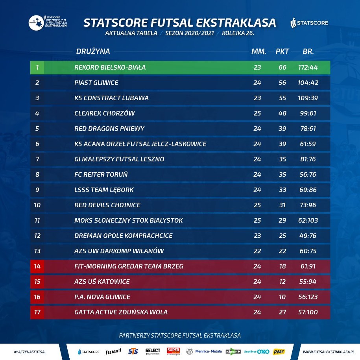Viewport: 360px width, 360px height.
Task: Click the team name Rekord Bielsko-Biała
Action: pyautogui.click(x=110, y=68)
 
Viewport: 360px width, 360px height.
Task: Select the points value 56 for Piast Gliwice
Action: pyautogui.click(x=282, y=83)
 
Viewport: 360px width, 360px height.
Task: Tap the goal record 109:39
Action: pyautogui.click(x=308, y=98)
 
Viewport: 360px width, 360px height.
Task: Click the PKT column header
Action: pyautogui.click(x=282, y=52)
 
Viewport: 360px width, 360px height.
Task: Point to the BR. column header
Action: pyautogui.click(x=308, y=52)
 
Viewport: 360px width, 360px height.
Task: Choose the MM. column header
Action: pyautogui.click(x=258, y=52)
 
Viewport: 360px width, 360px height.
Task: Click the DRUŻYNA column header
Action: pyautogui.click(x=93, y=52)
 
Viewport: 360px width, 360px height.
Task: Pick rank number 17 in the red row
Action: pyautogui.click(x=37, y=312)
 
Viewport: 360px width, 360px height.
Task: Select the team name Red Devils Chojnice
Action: pyautogui.click(x=107, y=205)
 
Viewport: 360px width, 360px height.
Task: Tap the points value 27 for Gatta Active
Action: pyautogui.click(x=282, y=312)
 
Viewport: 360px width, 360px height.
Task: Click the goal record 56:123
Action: pyautogui.click(x=308, y=297)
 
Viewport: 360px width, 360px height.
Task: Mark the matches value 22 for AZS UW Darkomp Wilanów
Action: pyautogui.click(x=257, y=251)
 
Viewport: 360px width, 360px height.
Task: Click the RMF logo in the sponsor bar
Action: pyautogui.click(x=279, y=351)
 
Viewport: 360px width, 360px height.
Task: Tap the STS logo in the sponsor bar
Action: pyautogui.click(x=133, y=351)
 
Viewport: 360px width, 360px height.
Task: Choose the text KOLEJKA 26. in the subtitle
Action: pyautogui.click(x=238, y=33)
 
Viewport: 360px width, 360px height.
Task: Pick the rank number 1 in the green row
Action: pyautogui.click(x=37, y=68)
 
